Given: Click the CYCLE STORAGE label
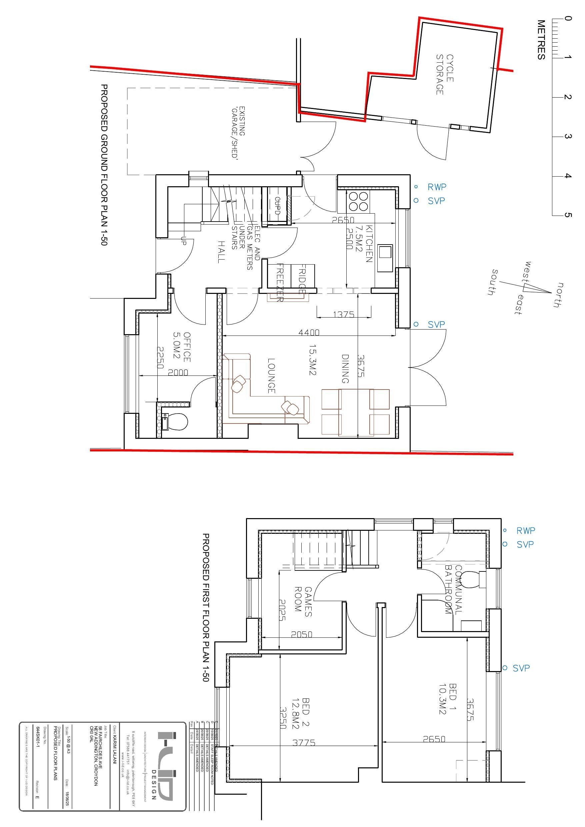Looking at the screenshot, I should (445, 75).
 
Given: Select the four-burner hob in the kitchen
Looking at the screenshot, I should (358, 201).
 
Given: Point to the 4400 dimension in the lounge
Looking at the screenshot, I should (309, 332).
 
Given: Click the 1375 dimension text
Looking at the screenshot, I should (344, 314).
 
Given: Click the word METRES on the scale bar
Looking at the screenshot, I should (541, 40).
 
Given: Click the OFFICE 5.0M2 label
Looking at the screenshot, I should (182, 347).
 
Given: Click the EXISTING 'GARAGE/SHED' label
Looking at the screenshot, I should (238, 132).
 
